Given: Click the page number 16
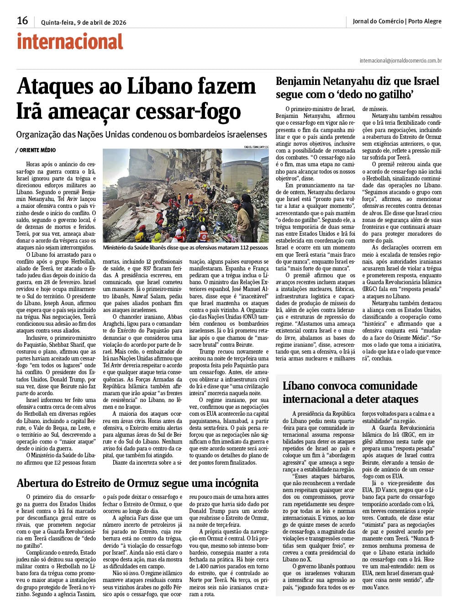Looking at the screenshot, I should pyautogui.click(x=22, y=21).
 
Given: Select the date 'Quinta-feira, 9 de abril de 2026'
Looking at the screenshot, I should pyautogui.click(x=84, y=22).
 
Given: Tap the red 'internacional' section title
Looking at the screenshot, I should pyautogui.click(x=70, y=42).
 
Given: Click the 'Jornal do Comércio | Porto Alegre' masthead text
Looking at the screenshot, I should pyautogui.click(x=397, y=21).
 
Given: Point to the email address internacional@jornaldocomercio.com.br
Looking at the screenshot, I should pyautogui.click(x=400, y=60).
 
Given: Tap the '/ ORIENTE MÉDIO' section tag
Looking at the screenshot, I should pyautogui.click(x=36, y=150).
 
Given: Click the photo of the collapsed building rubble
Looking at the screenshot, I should pyautogui.click(x=185, y=195).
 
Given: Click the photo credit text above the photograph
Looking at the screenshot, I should pyautogui.click(x=256, y=147).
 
